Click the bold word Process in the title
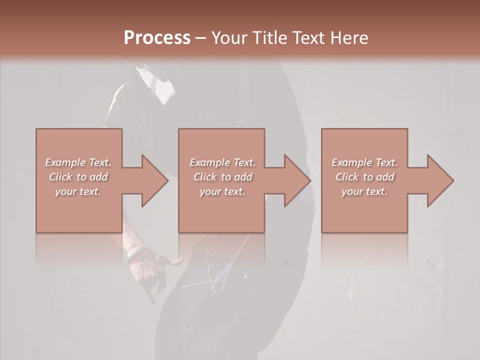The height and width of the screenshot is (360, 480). tap(157, 38)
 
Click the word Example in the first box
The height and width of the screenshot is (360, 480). tap(65, 162)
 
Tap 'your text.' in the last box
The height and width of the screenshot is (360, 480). tap(364, 191)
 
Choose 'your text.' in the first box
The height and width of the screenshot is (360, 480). tap(78, 191)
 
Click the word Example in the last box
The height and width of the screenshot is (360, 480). tap(352, 162)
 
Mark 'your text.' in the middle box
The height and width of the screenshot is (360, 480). tap(222, 191)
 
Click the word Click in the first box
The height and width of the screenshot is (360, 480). tap(61, 177)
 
